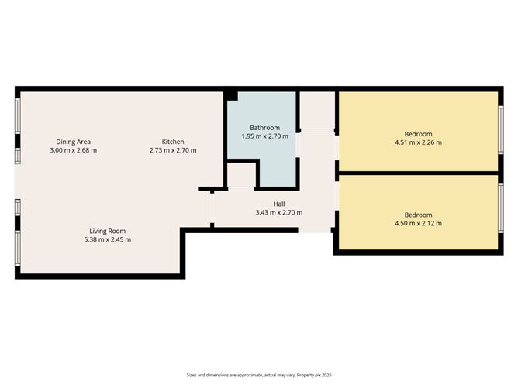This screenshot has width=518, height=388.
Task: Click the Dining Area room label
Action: (x=74, y=141)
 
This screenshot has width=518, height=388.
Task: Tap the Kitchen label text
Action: (x=173, y=141)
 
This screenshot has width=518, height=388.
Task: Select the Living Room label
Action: (x=107, y=231)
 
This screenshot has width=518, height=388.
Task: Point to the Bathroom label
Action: (x=264, y=127)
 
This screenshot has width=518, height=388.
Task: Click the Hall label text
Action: (x=278, y=204)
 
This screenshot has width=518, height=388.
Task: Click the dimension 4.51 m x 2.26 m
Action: (x=418, y=142)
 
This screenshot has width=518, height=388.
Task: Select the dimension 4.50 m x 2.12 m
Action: (x=418, y=223)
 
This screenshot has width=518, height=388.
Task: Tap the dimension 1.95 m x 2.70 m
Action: (x=264, y=136)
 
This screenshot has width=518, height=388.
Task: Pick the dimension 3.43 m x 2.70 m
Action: (x=278, y=212)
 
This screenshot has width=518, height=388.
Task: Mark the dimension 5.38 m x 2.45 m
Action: (x=107, y=239)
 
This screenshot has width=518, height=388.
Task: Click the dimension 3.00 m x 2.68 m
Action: (x=74, y=149)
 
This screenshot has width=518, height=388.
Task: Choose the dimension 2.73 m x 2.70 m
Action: (x=173, y=149)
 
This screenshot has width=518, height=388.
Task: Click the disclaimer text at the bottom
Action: (x=259, y=374)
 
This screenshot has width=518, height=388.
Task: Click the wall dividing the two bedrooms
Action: (x=418, y=172)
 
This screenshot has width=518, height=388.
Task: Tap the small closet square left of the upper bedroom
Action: (x=316, y=111)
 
